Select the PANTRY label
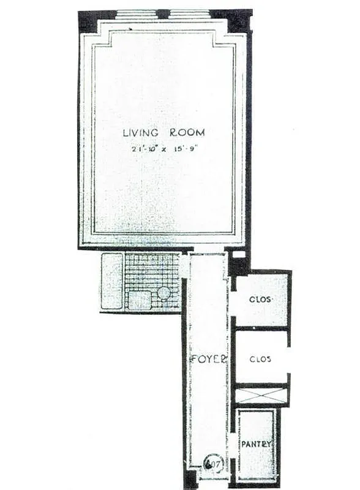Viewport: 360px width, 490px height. pyautogui.click(x=257, y=443)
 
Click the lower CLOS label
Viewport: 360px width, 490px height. pyautogui.click(x=261, y=358)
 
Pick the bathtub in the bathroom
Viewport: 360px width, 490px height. pyautogui.click(x=111, y=281)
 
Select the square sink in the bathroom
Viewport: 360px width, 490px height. pyautogui.click(x=140, y=300)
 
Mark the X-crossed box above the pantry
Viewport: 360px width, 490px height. pyautogui.click(x=261, y=394)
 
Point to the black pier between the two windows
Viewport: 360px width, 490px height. pyautogui.click(x=163, y=14)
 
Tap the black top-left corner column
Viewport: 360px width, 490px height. pyautogui.click(x=87, y=21)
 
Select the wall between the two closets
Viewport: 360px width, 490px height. pyautogui.click(x=261, y=328)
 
